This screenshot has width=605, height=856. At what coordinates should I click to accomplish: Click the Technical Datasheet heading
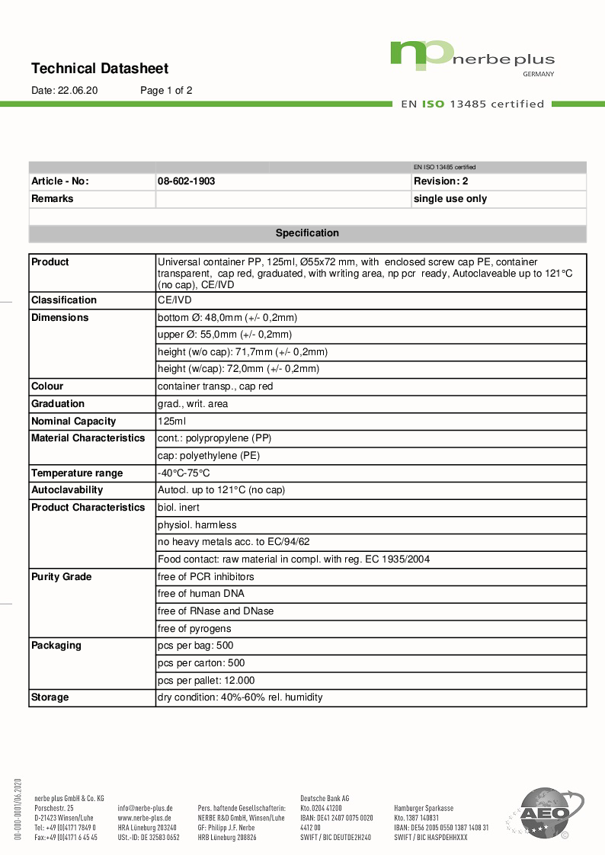point(100,69)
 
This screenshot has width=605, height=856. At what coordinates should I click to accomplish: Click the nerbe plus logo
point(472,57)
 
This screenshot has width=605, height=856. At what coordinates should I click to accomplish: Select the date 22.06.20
point(78,91)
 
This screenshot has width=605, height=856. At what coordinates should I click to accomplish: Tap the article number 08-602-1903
point(186,181)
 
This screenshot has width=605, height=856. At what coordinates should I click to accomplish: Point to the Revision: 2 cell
point(441,181)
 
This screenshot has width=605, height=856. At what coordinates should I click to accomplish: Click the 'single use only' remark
point(450,199)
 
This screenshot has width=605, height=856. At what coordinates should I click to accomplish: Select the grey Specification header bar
point(307,233)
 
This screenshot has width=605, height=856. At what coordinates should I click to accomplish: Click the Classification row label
point(64,300)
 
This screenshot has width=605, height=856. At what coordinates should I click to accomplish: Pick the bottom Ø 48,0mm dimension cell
point(227,318)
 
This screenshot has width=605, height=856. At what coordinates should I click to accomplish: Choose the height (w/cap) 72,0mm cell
point(238,369)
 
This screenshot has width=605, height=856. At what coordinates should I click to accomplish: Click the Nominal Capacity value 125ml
point(171,421)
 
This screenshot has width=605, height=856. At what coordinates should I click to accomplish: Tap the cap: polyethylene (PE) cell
point(209,456)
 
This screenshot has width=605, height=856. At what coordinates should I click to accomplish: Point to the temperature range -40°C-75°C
point(184,473)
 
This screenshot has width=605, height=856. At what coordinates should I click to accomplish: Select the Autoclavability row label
point(67,490)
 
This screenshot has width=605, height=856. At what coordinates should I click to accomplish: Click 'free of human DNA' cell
point(201,594)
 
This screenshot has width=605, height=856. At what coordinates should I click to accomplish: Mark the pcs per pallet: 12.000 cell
point(206,681)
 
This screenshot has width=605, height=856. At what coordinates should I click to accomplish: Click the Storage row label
point(50,697)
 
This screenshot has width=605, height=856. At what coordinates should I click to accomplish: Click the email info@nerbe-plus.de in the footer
point(145,808)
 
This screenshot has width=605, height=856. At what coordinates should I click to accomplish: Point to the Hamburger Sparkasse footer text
point(424,808)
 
